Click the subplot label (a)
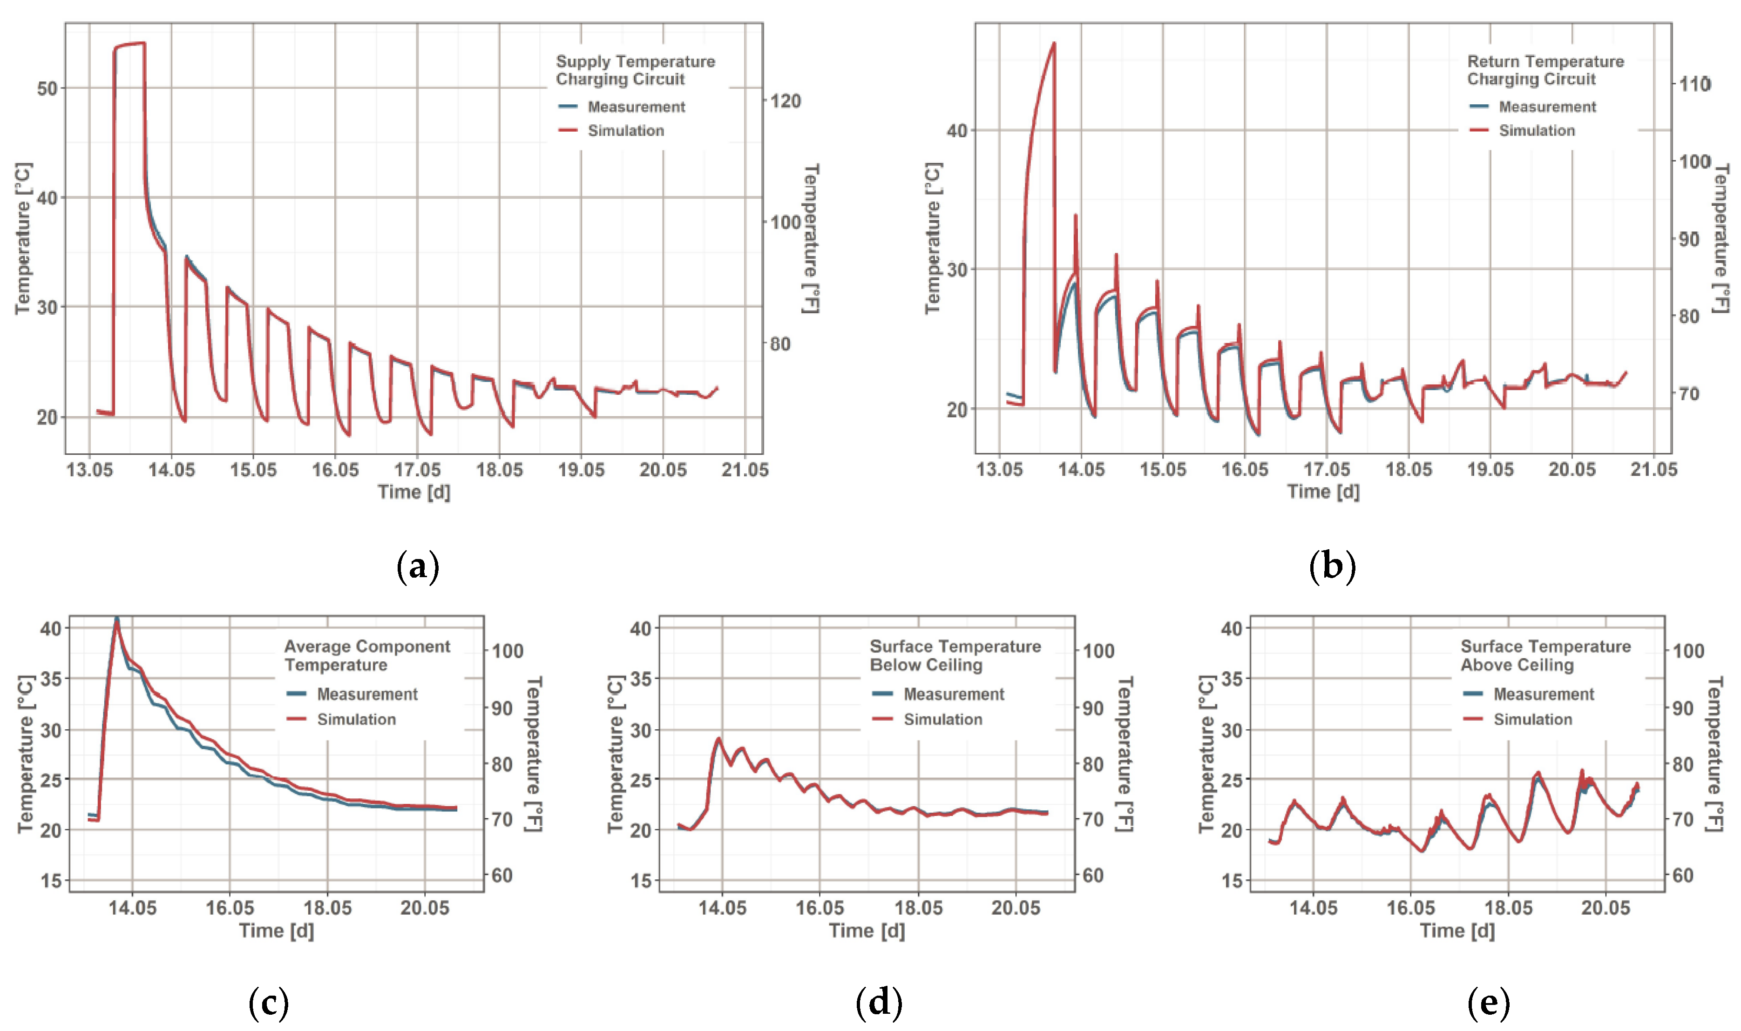(418, 567)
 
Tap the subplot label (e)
(1489, 1003)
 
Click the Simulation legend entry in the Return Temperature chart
(1537, 131)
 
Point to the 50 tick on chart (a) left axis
(47, 89)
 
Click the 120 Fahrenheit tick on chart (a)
(786, 101)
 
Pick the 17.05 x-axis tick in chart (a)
(417, 470)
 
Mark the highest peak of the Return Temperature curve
(1054, 43)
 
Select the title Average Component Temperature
(367, 655)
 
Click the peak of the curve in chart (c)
(117, 618)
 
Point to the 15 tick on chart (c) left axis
(51, 881)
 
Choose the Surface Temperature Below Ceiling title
(955, 655)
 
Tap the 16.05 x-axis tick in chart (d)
(820, 908)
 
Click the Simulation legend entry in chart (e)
(1532, 719)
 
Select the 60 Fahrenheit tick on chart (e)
(1683, 876)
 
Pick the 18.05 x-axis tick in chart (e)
(1508, 908)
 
